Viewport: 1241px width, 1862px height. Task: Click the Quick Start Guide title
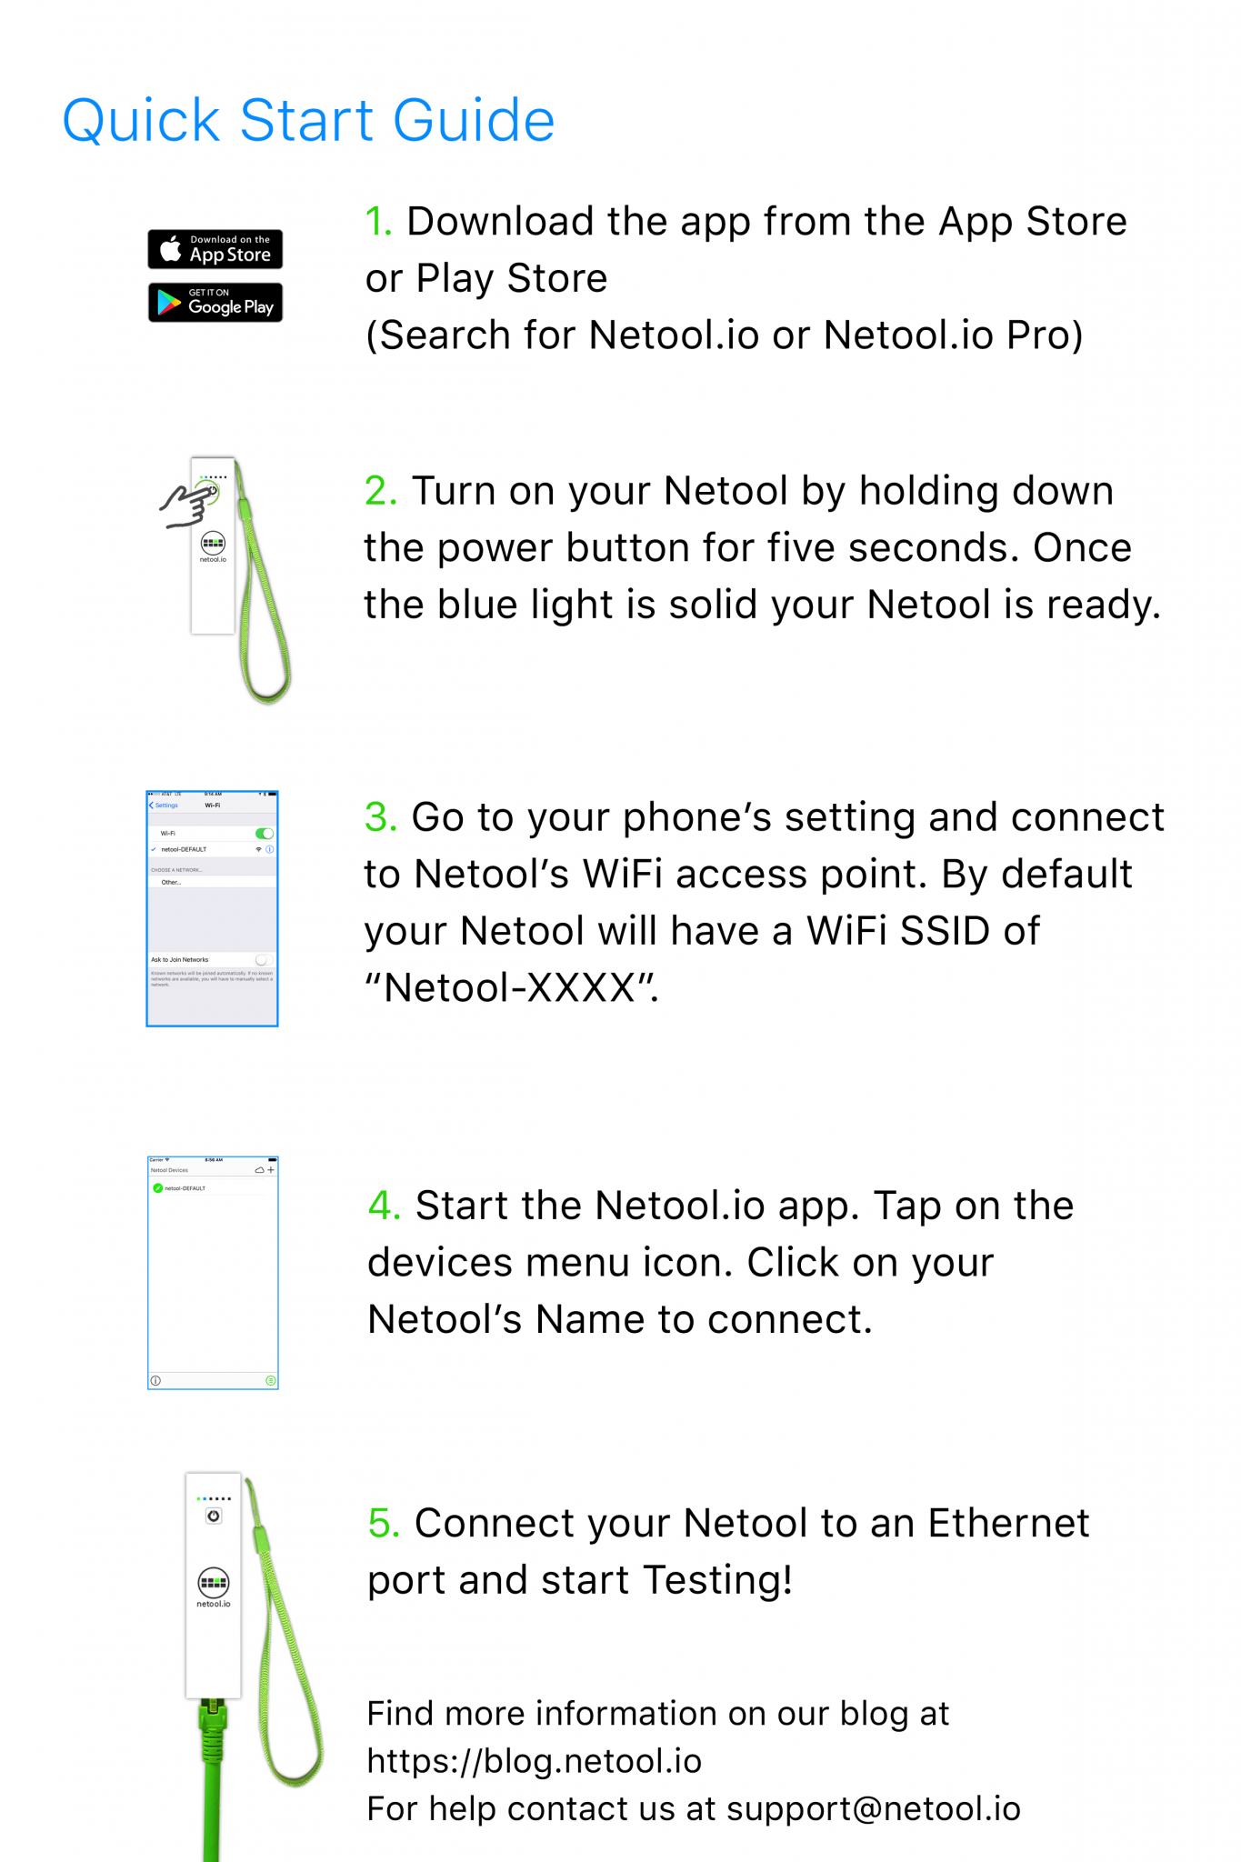308,120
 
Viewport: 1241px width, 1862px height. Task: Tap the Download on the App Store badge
215,249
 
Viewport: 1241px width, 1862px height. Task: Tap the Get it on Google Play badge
215,303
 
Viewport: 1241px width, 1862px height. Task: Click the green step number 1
377,222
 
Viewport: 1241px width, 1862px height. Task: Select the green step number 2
380,491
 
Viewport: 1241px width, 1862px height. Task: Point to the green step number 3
380,817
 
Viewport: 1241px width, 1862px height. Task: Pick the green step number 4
384,1206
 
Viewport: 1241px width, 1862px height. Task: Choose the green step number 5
383,1523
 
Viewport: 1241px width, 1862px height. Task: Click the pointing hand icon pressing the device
185,505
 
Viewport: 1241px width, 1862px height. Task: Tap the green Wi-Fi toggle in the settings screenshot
265,834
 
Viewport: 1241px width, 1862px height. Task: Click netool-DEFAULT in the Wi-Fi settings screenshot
184,849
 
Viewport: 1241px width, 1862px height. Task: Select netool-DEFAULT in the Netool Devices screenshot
185,1188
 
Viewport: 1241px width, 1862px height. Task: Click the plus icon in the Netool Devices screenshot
271,1170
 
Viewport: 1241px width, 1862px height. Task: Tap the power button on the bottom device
214,1516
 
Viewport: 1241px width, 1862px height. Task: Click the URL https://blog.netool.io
534,1761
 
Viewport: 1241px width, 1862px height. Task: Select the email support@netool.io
873,1808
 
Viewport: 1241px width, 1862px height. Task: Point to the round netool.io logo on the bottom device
214,1583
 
